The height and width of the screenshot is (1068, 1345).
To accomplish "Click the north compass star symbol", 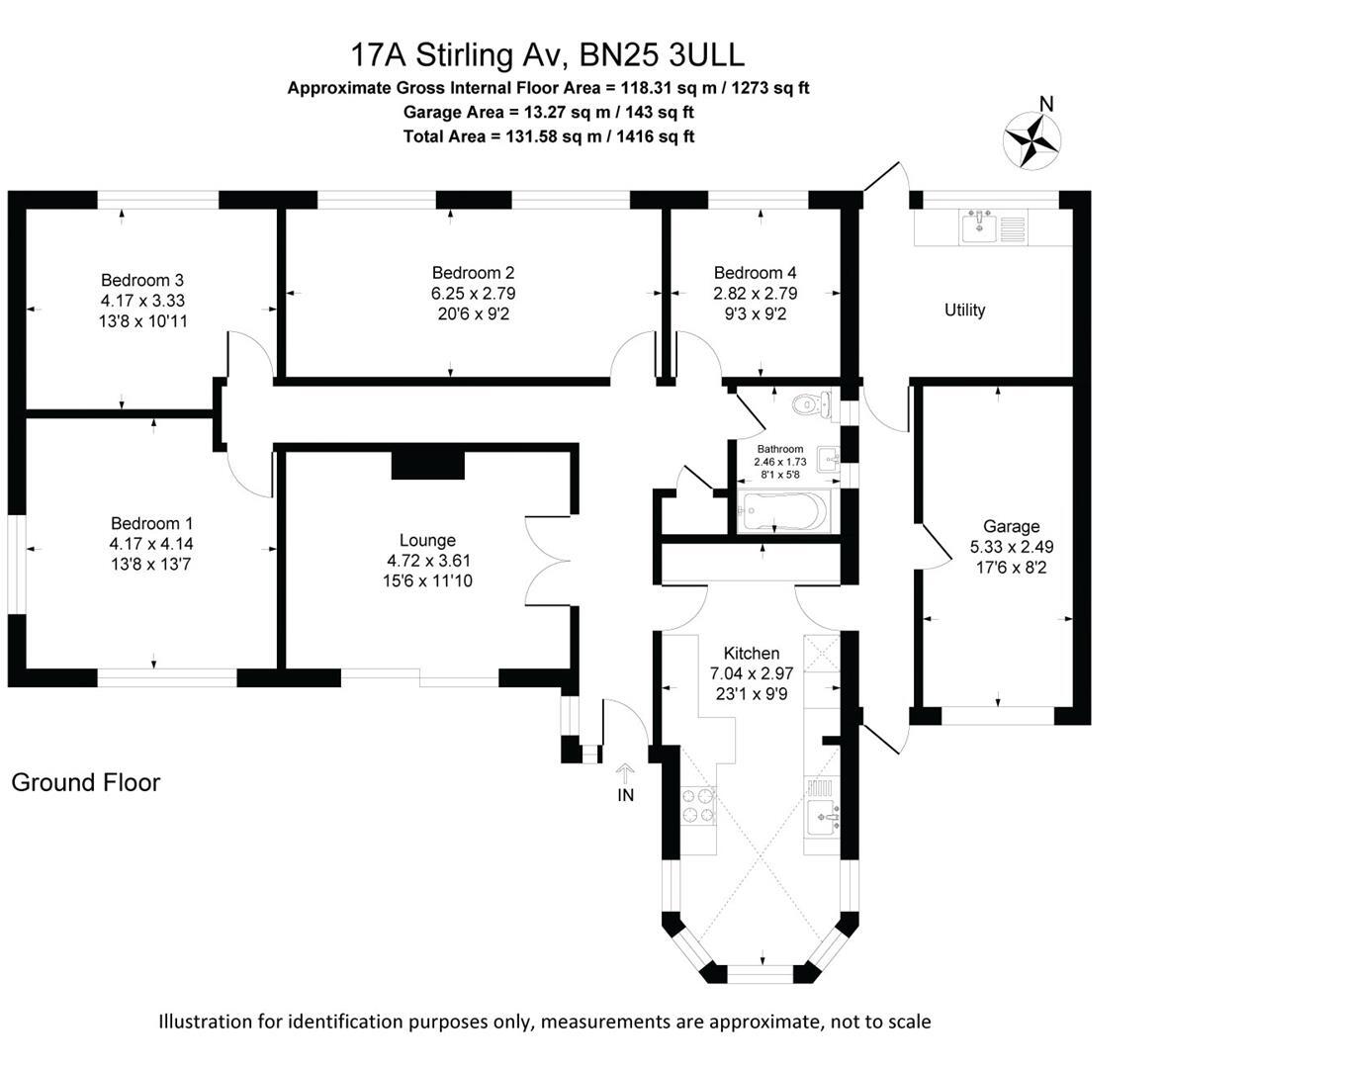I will click(1031, 140).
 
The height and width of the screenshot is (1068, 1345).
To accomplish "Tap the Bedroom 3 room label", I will click(142, 280).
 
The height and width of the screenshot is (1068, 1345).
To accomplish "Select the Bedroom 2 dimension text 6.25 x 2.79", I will click(473, 294).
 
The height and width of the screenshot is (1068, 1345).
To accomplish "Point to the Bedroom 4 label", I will click(755, 273).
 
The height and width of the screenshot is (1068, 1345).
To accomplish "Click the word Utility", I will click(964, 311).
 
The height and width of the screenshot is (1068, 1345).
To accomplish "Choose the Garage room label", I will click(1011, 526).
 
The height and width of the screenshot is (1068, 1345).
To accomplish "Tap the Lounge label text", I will click(427, 540).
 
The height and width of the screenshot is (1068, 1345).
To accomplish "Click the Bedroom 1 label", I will click(151, 523).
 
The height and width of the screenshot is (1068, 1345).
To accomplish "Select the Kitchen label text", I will click(752, 653).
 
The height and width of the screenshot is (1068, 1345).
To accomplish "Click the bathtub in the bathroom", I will click(782, 511).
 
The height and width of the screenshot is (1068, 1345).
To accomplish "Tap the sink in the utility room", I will click(979, 227).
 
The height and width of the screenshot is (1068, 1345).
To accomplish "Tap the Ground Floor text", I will click(85, 782).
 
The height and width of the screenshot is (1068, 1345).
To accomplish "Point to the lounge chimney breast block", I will click(427, 465).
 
